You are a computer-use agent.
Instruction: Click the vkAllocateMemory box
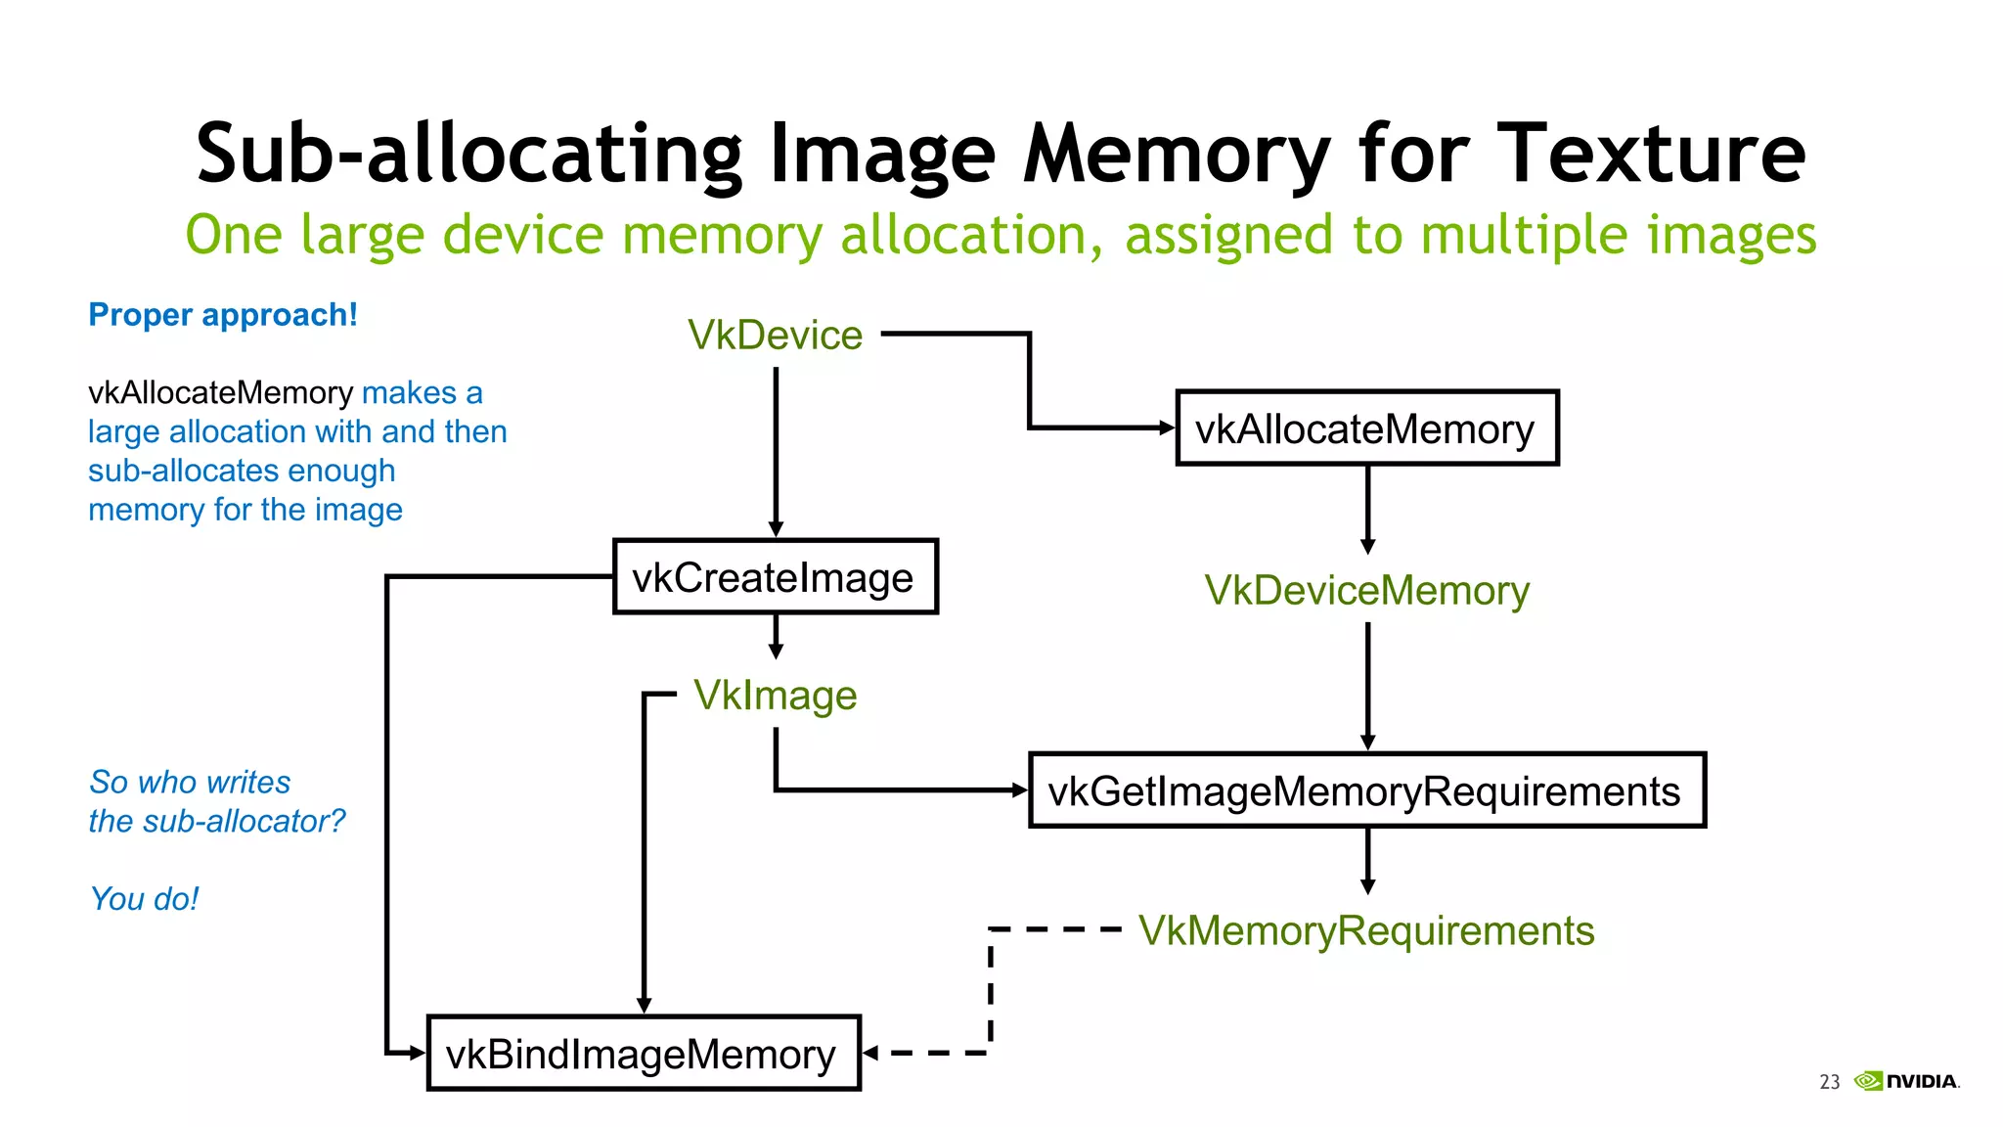1366,428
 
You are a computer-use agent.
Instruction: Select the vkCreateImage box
775,577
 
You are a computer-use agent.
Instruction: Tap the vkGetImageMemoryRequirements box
1366,790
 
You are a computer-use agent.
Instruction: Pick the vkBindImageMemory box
644,1054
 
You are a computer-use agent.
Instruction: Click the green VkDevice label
775,335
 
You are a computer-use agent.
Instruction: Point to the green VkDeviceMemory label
1366,590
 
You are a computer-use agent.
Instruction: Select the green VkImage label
775,696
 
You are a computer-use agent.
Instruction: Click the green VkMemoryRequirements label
1366,930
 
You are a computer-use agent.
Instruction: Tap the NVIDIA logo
1907,1081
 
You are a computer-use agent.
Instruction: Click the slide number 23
1829,1082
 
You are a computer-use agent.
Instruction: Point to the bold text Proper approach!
223,315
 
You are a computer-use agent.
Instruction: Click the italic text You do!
144,898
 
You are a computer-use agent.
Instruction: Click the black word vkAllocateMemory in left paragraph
220,392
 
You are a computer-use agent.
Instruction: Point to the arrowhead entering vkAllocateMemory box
1166,428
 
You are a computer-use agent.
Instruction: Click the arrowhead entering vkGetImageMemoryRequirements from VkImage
1020,789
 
